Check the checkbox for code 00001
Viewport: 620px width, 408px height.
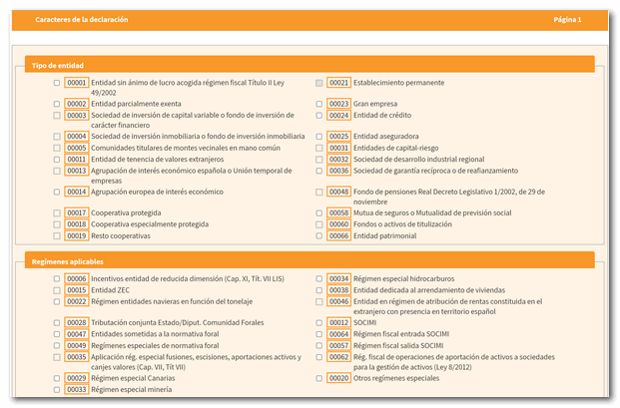(57, 83)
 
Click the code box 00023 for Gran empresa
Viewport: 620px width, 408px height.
(338, 104)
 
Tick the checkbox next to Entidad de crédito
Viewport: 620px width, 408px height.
(319, 115)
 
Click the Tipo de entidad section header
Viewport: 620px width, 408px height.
(58, 65)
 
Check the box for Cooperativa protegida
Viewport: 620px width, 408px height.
(57, 213)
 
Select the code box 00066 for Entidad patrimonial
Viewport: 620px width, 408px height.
(338, 236)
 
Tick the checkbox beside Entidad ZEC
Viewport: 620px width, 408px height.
(57, 290)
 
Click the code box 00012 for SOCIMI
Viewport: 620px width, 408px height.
(338, 323)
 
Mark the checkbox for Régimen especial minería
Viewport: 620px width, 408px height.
(57, 390)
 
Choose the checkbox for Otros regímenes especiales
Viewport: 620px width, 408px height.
(319, 379)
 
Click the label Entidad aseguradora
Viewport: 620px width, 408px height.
(385, 137)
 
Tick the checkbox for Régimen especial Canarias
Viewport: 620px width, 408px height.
(57, 379)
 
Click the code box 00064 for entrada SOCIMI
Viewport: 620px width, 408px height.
(338, 334)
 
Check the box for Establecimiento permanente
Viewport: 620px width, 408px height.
(319, 83)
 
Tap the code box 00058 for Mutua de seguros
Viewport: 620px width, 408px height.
(338, 213)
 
